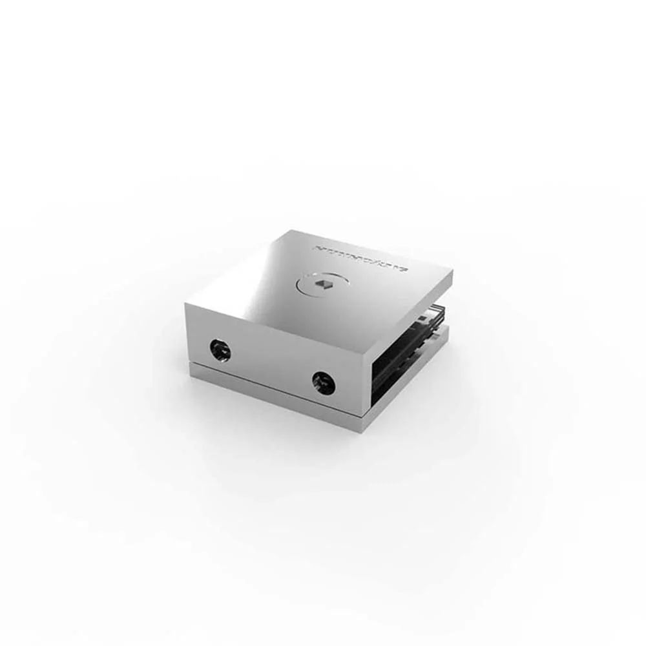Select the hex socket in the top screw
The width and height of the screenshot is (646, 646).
pos(321,283)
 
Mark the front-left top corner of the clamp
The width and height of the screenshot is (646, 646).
pos(186,304)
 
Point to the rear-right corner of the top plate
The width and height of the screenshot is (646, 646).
pos(452,272)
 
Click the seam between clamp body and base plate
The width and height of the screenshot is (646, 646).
pos(271,384)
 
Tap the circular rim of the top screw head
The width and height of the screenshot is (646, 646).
pos(304,284)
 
